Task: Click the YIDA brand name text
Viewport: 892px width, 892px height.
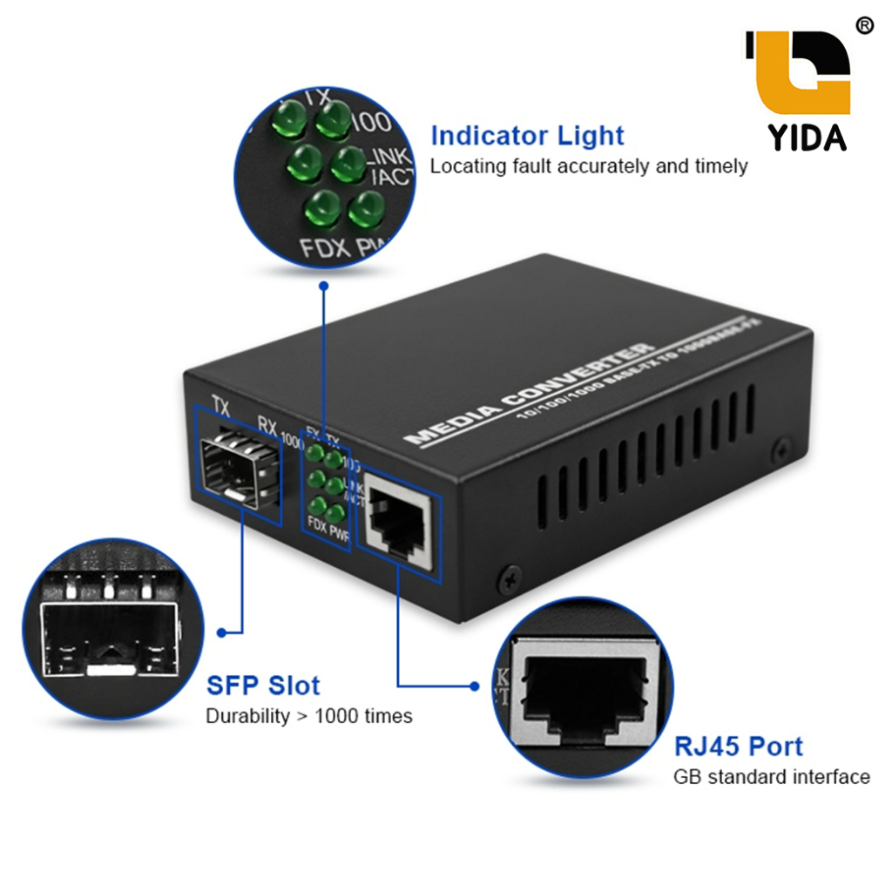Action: [808, 136]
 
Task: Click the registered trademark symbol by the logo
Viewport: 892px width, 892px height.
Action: [864, 25]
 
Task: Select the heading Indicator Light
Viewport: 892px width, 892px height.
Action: [527, 136]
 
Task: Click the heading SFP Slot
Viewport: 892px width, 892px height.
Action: [263, 686]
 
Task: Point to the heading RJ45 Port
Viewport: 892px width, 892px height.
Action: [739, 747]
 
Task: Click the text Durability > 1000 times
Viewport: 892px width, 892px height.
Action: [309, 716]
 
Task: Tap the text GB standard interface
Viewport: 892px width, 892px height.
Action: [772, 776]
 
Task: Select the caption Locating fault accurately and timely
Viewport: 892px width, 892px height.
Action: [589, 166]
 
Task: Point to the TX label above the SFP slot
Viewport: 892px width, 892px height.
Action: [221, 404]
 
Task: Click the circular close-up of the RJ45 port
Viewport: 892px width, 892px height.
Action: [582, 688]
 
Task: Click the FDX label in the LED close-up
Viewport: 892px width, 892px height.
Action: [325, 248]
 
